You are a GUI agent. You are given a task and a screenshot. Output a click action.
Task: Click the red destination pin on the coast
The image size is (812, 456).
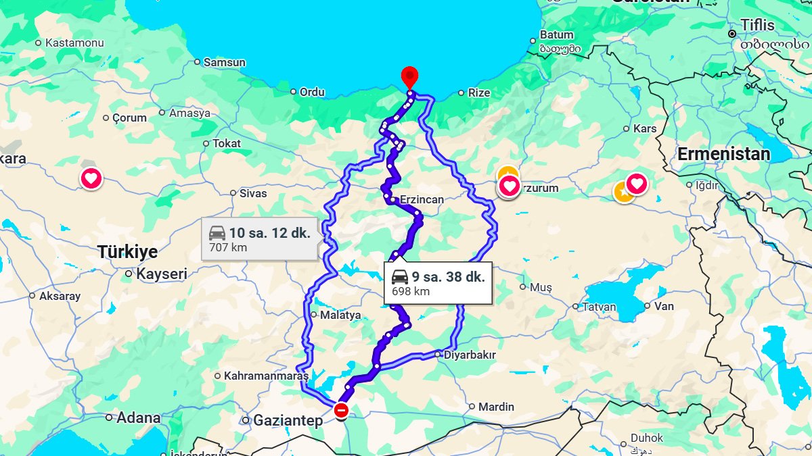[409, 76]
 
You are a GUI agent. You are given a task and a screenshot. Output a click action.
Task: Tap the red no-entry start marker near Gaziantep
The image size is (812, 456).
[342, 410]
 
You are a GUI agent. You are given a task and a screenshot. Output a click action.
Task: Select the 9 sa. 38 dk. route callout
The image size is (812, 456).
[438, 283]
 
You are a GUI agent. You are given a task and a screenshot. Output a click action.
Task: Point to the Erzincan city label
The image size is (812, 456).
[422, 200]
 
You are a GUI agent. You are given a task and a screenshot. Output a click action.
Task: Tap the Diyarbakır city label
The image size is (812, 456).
[470, 355]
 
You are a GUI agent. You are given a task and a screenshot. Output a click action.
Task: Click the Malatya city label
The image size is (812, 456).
[340, 315]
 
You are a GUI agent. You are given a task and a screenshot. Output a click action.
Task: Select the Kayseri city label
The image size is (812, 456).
[162, 274]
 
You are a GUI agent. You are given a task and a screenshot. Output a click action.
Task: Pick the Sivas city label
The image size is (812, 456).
[253, 193]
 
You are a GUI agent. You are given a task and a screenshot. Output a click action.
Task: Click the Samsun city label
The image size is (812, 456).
[224, 62]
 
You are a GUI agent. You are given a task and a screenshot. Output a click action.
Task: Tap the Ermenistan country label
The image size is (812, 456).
[724, 154]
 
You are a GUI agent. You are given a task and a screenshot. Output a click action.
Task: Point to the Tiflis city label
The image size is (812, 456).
[757, 25]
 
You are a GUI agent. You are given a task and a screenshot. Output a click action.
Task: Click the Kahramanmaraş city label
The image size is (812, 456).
[266, 376]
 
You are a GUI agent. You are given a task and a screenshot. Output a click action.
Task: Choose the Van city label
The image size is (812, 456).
[664, 306]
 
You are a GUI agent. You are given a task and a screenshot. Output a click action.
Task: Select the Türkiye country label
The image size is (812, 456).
[127, 252]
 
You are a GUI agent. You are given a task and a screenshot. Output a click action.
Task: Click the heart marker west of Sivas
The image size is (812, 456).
[91, 179]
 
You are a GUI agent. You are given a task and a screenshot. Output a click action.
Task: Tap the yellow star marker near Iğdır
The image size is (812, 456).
[623, 192]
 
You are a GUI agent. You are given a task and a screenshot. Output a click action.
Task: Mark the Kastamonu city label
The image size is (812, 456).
[74, 43]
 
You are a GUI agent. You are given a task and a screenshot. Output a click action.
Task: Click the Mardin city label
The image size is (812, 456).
[496, 407]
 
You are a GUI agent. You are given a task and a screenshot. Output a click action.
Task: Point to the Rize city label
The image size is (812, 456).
[478, 93]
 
